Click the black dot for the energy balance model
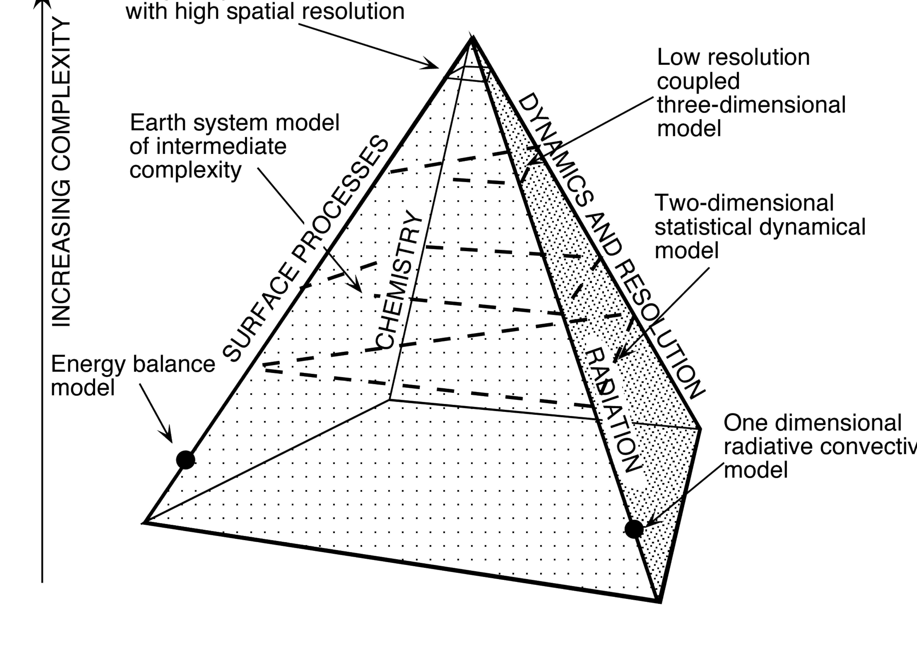click(x=185, y=460)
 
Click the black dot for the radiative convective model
click(x=634, y=529)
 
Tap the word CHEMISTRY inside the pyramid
click(x=399, y=280)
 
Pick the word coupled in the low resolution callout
click(x=698, y=81)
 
